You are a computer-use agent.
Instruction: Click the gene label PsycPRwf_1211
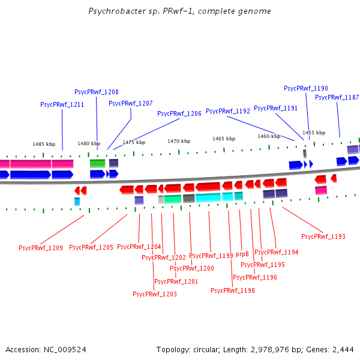pyautogui.click(x=62, y=104)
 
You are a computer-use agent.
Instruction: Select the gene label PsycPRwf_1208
pyautogui.click(x=96, y=92)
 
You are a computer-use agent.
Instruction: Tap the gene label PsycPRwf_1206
pyautogui.click(x=179, y=113)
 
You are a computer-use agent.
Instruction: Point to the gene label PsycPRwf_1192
pyautogui.click(x=228, y=111)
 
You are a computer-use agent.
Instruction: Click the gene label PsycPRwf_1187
pyautogui.click(x=337, y=97)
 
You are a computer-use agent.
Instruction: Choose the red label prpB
pyautogui.click(x=242, y=254)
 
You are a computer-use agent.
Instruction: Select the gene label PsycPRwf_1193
pyautogui.click(x=323, y=236)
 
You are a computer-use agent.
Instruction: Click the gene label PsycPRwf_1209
pyautogui.click(x=41, y=247)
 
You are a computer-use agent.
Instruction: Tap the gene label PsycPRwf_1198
pyautogui.click(x=233, y=290)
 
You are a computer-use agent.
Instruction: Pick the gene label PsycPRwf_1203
pyautogui.click(x=155, y=294)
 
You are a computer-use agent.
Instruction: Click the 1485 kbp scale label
pyautogui.click(x=44, y=144)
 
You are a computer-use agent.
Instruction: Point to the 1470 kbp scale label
pyautogui.click(x=179, y=141)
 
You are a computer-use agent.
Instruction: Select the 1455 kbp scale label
pyautogui.click(x=314, y=133)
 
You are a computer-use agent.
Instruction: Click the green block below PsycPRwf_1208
pyautogui.click(x=97, y=163)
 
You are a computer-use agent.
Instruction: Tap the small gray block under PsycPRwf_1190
pyautogui.click(x=305, y=154)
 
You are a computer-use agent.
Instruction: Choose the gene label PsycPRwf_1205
pyautogui.click(x=91, y=247)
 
